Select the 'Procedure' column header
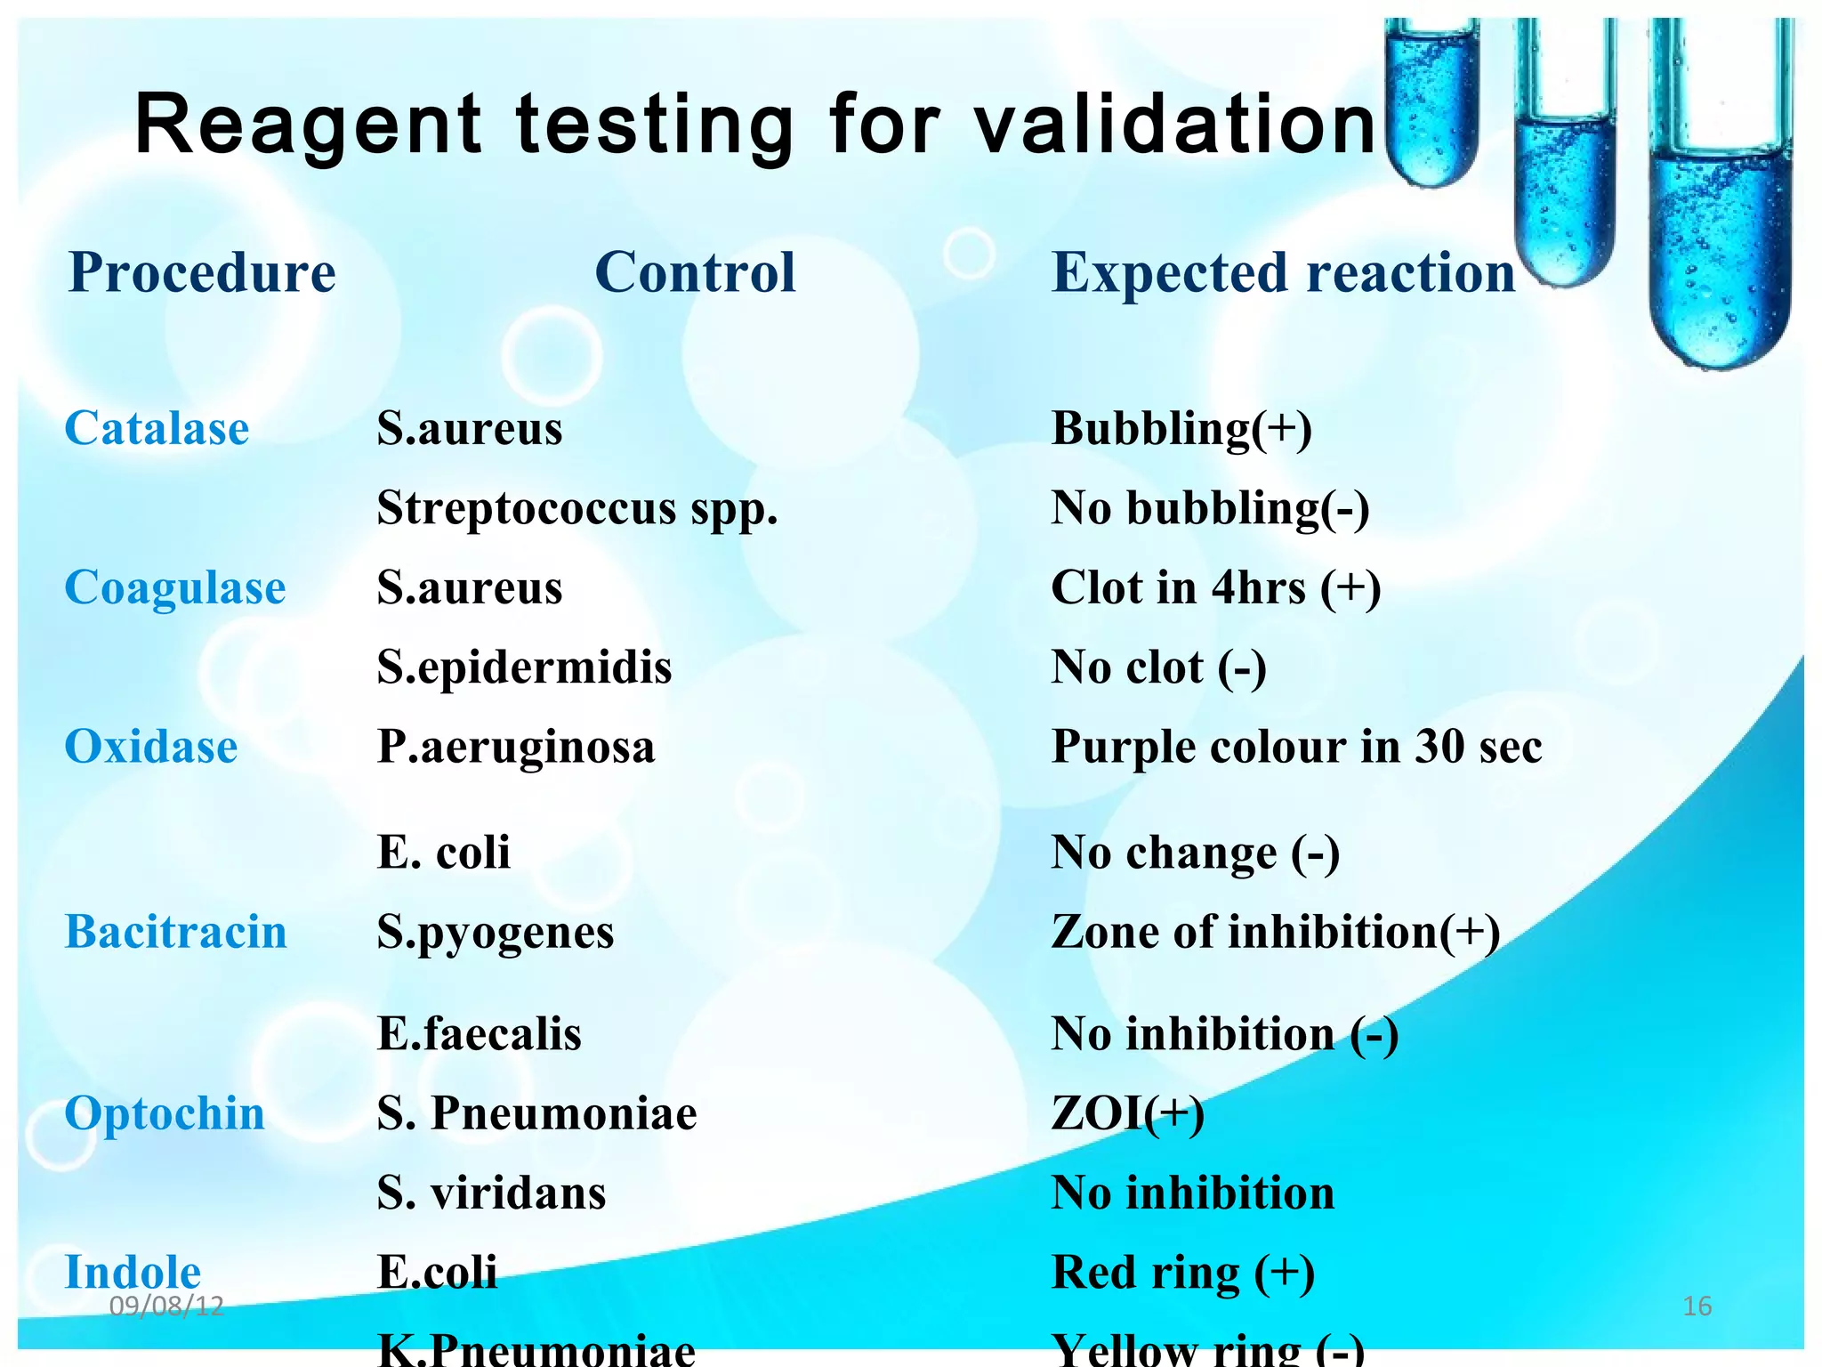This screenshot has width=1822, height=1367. coord(203,272)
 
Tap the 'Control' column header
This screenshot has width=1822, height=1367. coord(695,272)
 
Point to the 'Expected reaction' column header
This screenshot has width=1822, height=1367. coord(1283,272)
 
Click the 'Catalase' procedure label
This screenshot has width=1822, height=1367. coord(157,428)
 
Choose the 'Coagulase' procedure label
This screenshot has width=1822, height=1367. coord(175,587)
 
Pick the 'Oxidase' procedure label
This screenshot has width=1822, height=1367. coord(151,746)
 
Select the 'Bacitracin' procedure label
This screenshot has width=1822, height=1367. coord(176,932)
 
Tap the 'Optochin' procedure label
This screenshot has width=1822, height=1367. coord(165,1113)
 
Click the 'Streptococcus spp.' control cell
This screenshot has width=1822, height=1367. coord(577,508)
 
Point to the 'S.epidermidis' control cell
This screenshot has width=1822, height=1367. coord(524,667)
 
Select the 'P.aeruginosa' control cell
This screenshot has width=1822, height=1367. coord(516,746)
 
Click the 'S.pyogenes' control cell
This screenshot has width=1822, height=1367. coord(496,933)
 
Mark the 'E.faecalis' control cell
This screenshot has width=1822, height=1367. coord(480,1034)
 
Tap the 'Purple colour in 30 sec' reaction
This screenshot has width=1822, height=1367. coord(1296,746)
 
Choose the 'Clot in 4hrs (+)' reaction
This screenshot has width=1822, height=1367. coord(1215,587)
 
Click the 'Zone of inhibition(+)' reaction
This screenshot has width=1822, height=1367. coord(1276,932)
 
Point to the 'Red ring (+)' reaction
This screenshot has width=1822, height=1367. coord(1182,1272)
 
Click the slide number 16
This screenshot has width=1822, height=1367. coord(1697,1306)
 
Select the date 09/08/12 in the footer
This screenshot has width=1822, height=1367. coord(166,1306)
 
